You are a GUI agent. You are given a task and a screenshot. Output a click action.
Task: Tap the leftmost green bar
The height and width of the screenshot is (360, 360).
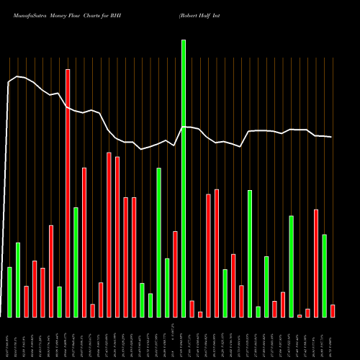click(x=9, y=292)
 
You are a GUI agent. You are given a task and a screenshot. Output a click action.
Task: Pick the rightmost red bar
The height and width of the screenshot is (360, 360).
click(x=333, y=310)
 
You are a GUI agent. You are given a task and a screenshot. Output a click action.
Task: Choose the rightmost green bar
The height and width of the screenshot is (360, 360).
click(x=324, y=276)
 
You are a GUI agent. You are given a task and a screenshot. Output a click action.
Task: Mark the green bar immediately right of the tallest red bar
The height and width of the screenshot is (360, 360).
click(x=76, y=262)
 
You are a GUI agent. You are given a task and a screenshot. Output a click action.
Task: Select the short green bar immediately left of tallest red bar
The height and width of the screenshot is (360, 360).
click(x=59, y=302)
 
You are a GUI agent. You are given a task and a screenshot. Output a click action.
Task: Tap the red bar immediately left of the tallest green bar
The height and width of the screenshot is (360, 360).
click(x=175, y=274)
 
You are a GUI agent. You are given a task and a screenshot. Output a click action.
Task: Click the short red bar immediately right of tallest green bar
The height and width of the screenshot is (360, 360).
click(x=192, y=309)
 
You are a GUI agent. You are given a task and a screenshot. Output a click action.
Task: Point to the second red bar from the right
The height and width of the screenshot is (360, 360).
click(x=316, y=263)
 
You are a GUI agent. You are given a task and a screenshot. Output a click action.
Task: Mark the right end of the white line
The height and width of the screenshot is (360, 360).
click(x=332, y=137)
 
